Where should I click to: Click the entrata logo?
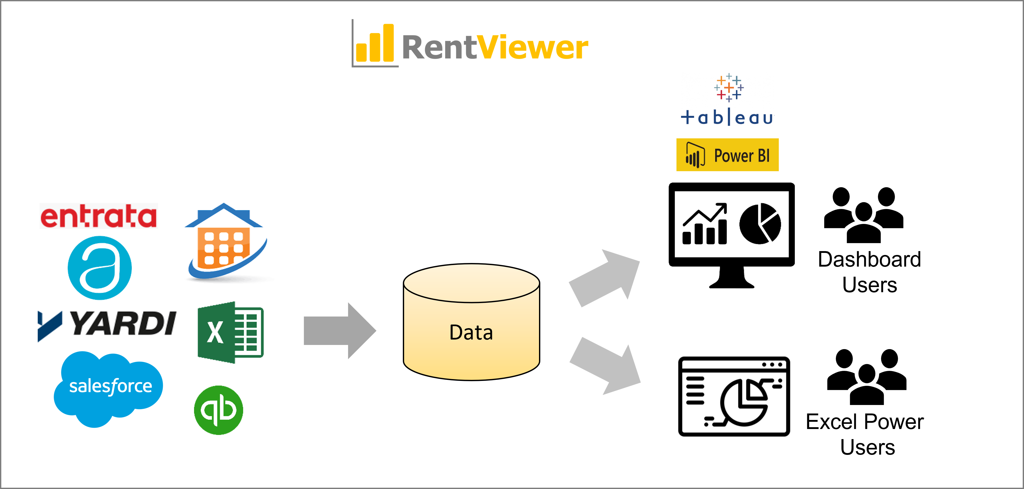click(99, 216)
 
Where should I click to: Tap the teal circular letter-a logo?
click(100, 268)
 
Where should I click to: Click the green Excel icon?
click(230, 332)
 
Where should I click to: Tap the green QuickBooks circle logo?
click(218, 410)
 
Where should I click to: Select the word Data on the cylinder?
click(471, 332)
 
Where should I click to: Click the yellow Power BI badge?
click(727, 155)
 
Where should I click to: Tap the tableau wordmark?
click(727, 118)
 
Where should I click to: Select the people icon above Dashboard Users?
click(863, 215)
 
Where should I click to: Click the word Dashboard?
click(869, 259)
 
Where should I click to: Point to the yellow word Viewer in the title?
click(532, 48)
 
